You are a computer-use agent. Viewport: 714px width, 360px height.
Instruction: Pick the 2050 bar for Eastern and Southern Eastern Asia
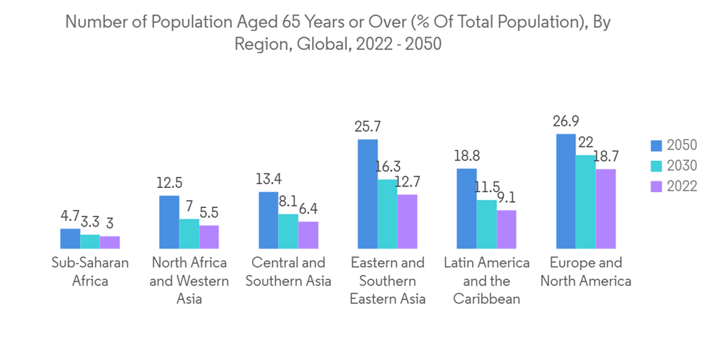368,194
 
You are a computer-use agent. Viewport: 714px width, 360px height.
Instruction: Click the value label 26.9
565,121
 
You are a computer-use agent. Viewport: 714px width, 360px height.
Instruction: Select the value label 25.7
368,126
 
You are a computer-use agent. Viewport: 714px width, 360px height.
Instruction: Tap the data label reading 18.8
467,156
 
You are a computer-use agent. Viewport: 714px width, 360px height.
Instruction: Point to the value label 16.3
388,167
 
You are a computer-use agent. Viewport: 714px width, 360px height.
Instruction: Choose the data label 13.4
268,179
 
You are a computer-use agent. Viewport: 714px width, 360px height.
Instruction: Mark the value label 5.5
209,212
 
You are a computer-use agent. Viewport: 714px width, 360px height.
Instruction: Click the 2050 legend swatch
656,146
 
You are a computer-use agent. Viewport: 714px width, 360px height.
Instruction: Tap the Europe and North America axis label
585,271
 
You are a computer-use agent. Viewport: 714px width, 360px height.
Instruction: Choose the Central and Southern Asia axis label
288,271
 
